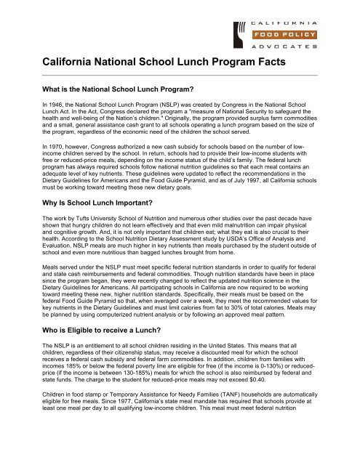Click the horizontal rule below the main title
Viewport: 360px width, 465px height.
[x=180, y=75]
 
